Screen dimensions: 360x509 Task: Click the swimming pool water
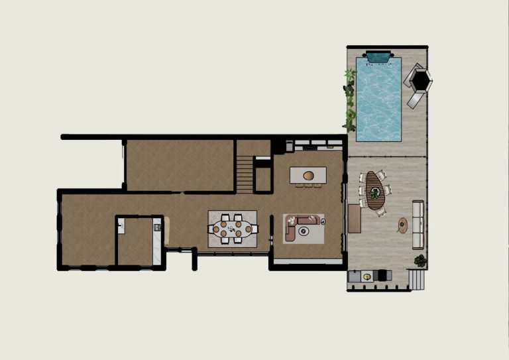[379, 99]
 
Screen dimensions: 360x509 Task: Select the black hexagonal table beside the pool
[420, 80]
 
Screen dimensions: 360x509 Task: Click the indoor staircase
[245, 174]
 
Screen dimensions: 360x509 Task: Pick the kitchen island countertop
[308, 175]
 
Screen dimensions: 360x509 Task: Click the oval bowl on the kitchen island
[309, 176]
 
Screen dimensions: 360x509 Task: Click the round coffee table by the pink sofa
[304, 231]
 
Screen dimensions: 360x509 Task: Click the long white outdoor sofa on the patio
[418, 224]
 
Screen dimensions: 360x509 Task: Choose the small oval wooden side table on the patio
[402, 225]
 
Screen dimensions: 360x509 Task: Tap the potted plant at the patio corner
[420, 261]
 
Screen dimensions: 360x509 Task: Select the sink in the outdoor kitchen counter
[367, 274]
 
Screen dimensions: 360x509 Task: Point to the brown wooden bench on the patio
[355, 218]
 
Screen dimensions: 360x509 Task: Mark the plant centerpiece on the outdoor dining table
[375, 194]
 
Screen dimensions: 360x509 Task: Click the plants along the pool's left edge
[349, 99]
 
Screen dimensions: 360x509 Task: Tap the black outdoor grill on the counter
[382, 274]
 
